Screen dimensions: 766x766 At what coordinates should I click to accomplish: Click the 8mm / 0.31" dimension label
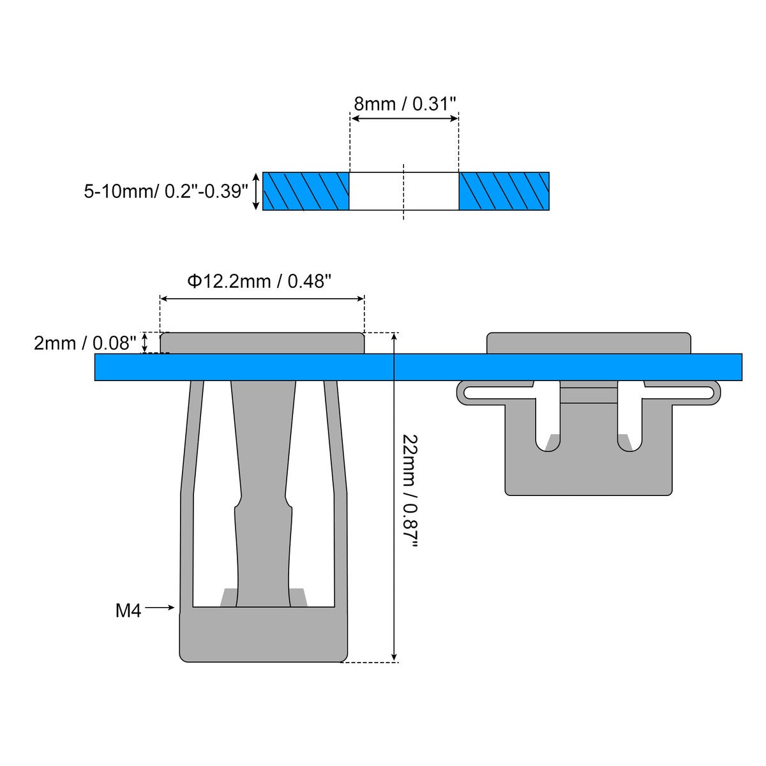tap(405, 104)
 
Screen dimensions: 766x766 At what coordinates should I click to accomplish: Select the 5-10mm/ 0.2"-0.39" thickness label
tap(165, 191)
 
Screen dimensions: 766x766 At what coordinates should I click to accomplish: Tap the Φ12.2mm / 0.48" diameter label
tap(259, 282)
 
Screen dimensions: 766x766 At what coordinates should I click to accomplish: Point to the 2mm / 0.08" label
tap(86, 343)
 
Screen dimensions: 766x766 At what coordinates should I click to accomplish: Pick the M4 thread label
tap(128, 611)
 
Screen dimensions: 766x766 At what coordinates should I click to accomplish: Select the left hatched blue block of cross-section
tap(306, 191)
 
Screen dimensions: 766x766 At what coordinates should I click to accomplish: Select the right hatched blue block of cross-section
tap(504, 191)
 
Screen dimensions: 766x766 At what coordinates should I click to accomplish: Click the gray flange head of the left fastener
tap(262, 343)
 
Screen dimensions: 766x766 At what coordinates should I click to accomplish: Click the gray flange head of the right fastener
tap(589, 343)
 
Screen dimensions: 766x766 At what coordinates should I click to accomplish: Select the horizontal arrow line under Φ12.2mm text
tap(262, 298)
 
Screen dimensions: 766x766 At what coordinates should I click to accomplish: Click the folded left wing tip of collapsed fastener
tap(462, 392)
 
